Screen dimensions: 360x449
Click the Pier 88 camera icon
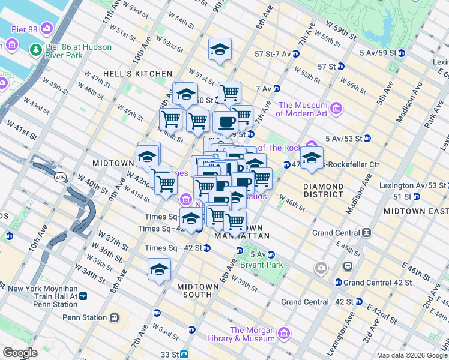[47, 28]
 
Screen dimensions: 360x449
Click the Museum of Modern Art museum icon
[336, 109]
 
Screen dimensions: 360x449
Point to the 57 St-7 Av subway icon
[295, 54]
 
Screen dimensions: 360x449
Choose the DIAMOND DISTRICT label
[323, 191]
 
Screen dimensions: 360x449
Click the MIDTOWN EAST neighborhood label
[415, 211]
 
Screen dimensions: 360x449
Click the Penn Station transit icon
[114, 317]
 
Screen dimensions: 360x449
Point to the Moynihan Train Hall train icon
[83, 296]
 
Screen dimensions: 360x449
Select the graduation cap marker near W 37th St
[160, 269]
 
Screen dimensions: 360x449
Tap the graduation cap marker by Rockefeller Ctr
[312, 158]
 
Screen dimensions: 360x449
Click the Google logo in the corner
[20, 353]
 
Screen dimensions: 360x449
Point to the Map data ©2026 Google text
[411, 355]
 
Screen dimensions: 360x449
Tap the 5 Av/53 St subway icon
[367, 138]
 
